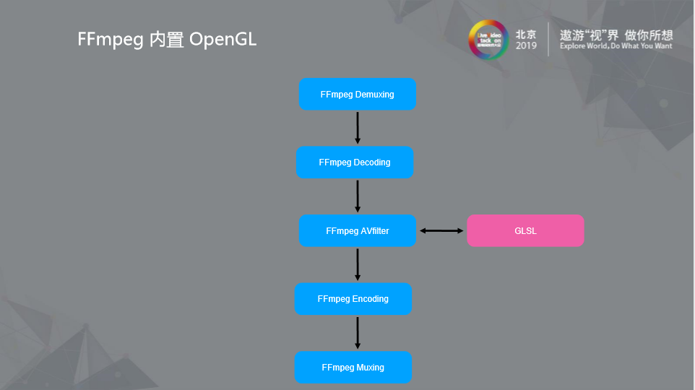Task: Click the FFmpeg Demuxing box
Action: click(x=357, y=94)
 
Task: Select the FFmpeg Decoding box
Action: click(x=354, y=162)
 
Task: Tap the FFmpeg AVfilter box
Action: click(x=357, y=231)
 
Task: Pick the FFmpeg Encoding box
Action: click(x=353, y=299)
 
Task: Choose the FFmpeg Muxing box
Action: click(x=353, y=368)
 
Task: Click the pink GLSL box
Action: click(x=525, y=231)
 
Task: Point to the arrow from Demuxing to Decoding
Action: click(x=358, y=128)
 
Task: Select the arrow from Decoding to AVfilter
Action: click(x=358, y=196)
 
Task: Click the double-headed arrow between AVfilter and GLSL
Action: click(x=441, y=231)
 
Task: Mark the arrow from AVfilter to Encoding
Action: click(x=358, y=264)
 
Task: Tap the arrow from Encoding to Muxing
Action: click(x=358, y=333)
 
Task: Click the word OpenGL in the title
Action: click(x=223, y=39)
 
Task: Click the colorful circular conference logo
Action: click(x=489, y=40)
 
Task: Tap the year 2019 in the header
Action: click(x=526, y=46)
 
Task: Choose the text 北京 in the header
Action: click(x=526, y=34)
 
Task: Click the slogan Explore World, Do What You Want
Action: click(x=616, y=46)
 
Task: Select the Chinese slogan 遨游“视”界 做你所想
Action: click(x=616, y=35)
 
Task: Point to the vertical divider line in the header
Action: click(x=548, y=39)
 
